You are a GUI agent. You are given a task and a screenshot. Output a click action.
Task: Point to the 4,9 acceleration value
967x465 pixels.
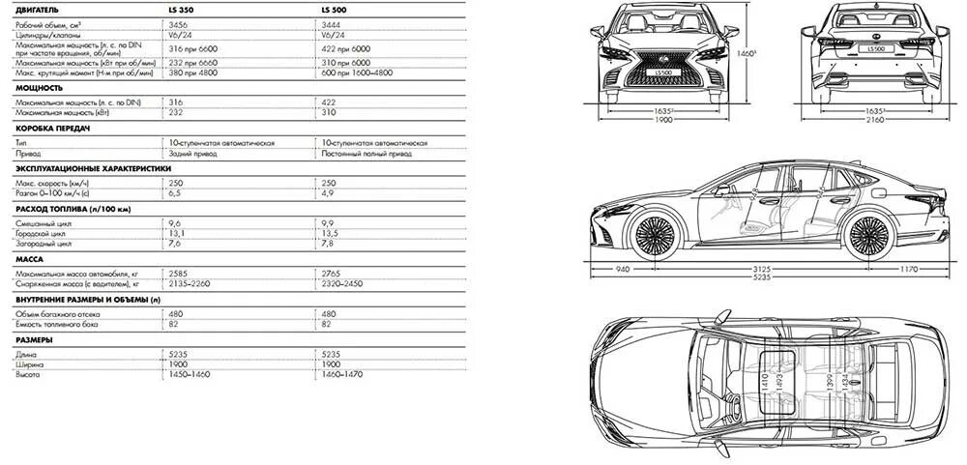(x=327, y=193)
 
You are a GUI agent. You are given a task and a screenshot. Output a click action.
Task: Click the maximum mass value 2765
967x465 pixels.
(x=331, y=275)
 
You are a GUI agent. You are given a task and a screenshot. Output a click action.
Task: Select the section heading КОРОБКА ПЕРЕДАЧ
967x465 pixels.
(x=53, y=129)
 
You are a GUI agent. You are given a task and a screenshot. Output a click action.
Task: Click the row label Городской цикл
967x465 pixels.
(x=40, y=233)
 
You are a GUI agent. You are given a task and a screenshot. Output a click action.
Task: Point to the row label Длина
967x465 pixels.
(x=27, y=355)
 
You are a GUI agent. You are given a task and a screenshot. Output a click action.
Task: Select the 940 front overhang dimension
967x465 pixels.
(x=624, y=268)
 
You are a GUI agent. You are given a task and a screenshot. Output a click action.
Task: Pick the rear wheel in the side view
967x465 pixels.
(x=867, y=235)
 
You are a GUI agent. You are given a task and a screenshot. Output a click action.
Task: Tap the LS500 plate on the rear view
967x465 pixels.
(x=875, y=47)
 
